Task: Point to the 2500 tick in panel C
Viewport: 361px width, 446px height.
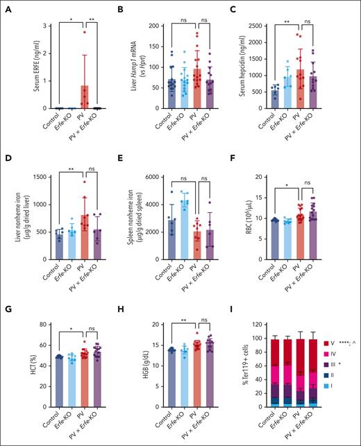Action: click(260, 25)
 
